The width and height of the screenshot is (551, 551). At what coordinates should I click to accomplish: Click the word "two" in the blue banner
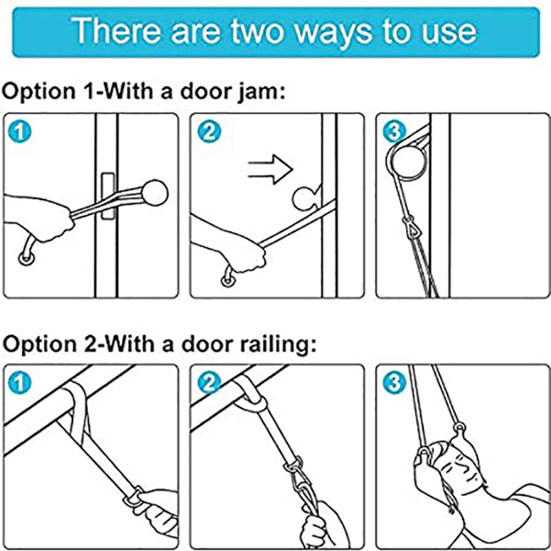pos(257,32)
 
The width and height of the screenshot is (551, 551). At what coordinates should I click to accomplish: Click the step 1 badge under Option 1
pos(20,132)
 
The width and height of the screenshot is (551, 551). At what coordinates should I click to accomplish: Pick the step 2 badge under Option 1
pos(209,132)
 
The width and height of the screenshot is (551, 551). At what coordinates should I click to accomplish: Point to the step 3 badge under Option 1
pos(394,132)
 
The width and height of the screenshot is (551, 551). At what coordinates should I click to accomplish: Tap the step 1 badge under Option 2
pos(20,383)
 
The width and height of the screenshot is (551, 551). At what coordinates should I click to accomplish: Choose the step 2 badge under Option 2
pos(209,383)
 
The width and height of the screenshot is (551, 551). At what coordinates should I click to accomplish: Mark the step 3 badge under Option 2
pos(394,383)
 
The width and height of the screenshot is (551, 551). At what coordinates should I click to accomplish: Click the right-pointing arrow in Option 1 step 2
pos(270,169)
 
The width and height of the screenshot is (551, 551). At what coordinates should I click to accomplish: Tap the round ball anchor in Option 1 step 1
pos(154,193)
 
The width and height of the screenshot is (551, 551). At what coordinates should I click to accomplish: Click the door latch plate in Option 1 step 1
pos(108,196)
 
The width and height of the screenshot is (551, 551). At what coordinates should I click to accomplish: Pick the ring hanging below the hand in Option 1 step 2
pos(227,280)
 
